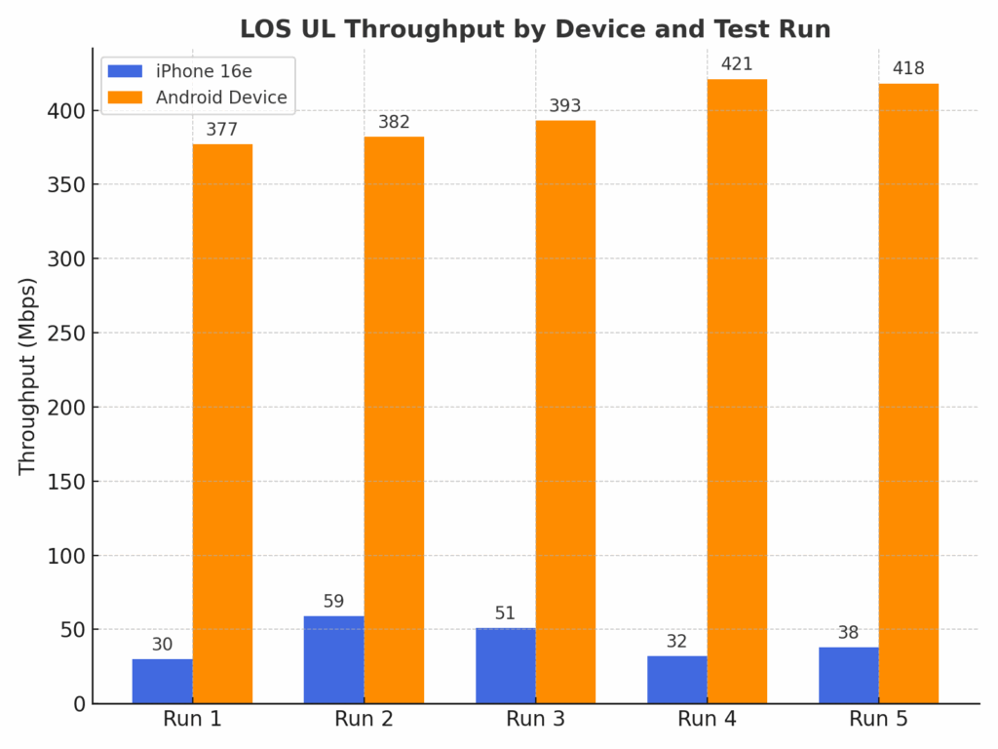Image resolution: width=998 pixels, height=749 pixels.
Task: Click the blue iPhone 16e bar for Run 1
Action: (x=162, y=681)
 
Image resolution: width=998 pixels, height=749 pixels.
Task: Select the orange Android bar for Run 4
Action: (x=737, y=390)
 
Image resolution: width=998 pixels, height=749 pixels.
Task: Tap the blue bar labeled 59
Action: (x=333, y=659)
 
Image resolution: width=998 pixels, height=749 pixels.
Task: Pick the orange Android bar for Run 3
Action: (x=565, y=410)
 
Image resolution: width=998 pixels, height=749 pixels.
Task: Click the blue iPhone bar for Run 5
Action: (x=848, y=675)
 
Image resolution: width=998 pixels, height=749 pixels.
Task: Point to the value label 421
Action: (x=737, y=65)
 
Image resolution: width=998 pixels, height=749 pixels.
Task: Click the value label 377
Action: (x=222, y=130)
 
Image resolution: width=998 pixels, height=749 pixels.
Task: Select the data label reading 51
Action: (x=505, y=613)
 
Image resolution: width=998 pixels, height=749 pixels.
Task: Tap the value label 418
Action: (x=908, y=68)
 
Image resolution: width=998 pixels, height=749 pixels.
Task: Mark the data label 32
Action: (x=676, y=642)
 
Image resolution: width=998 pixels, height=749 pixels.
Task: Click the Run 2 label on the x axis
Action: (x=364, y=721)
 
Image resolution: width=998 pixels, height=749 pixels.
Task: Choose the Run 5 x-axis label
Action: (x=878, y=721)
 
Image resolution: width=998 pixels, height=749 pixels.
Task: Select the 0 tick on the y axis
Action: (x=79, y=704)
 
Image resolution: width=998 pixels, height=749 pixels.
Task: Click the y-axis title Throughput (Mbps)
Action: (x=27, y=375)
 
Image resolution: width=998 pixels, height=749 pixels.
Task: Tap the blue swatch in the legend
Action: (x=125, y=71)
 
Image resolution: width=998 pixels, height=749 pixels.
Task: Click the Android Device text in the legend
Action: (x=221, y=98)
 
